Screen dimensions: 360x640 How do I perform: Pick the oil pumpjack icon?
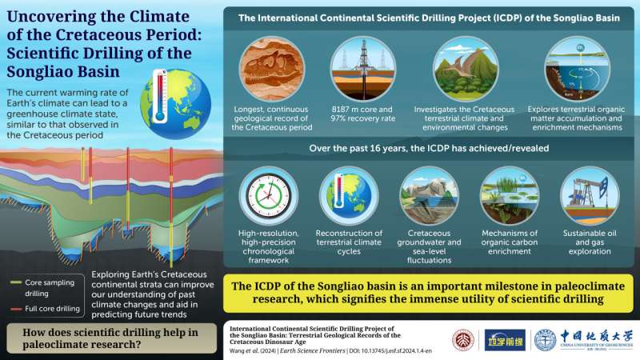tap(589, 196)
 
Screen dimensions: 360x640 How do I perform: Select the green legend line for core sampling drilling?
tap(18, 282)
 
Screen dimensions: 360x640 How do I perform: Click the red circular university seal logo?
tap(463, 340)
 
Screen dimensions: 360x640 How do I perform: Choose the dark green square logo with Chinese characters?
tap(502, 340)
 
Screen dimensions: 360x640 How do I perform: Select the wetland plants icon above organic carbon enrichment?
tap(510, 196)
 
